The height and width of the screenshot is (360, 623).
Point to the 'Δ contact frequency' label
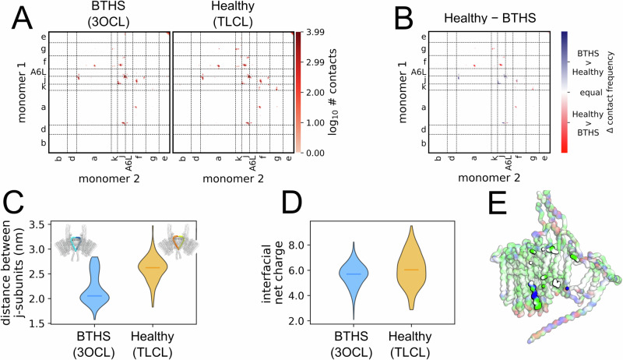coord(612,92)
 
